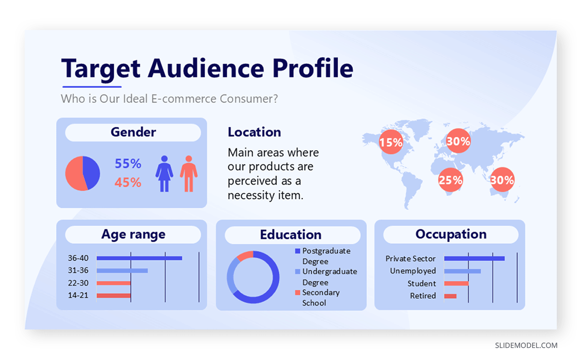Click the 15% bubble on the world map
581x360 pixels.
pos(391,141)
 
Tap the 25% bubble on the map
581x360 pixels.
pos(450,180)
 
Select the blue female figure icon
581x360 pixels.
pos(164,173)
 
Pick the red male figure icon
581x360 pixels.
pos(189,173)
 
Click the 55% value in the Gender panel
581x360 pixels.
pos(128,163)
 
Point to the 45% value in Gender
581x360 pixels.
pos(128,182)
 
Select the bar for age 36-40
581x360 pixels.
pos(139,258)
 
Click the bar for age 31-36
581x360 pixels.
pos(122,270)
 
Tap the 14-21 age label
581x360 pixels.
pos(78,295)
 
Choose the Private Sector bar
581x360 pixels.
pos(474,259)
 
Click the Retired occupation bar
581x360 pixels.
pos(450,296)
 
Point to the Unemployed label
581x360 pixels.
pos(413,271)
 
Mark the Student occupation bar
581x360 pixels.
pos(457,283)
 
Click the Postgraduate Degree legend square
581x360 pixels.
pos(297,250)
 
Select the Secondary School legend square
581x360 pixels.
pos(297,293)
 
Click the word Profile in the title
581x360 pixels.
pos(313,68)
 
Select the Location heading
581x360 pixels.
pos(254,132)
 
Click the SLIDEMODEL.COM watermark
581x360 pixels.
pos(526,345)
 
